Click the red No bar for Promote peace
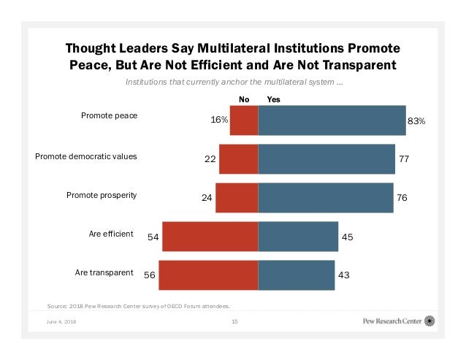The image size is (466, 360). [244, 120]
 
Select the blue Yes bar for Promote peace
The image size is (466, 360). [332, 120]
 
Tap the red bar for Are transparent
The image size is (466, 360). [208, 275]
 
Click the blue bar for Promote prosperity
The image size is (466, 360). [326, 197]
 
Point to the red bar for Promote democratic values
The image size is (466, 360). [238, 158]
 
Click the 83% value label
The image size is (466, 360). [416, 121]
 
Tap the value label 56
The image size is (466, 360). [150, 275]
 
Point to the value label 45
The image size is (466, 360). [347, 237]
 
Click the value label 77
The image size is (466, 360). [404, 158]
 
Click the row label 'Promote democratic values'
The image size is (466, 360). [86, 156]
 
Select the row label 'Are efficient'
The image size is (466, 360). [111, 234]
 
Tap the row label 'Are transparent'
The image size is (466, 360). [104, 272]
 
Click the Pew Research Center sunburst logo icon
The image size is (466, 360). [430, 321]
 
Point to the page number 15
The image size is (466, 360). [234, 321]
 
